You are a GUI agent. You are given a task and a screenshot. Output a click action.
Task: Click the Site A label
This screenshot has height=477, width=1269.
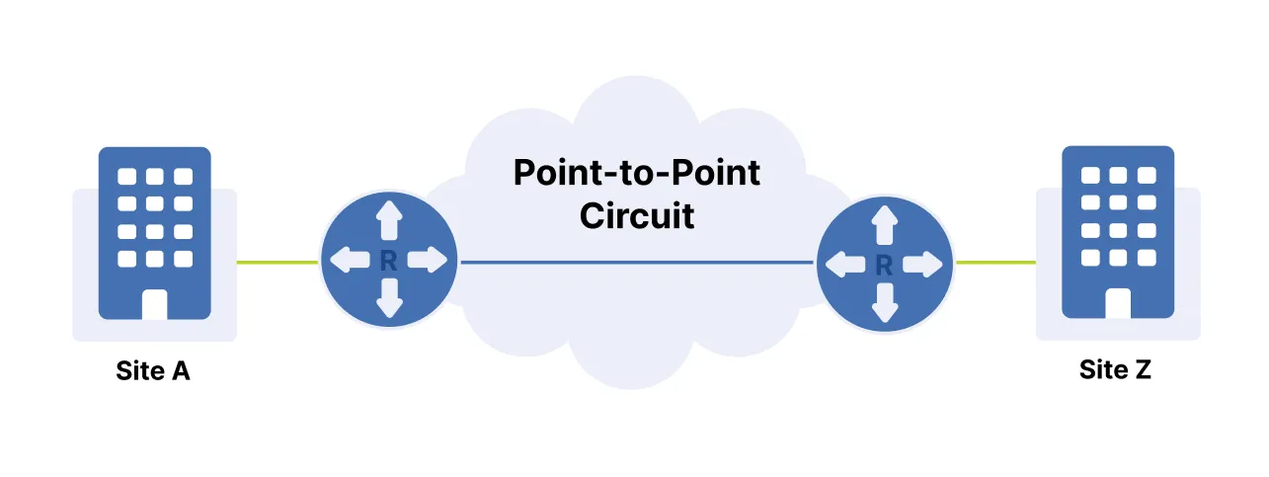(153, 371)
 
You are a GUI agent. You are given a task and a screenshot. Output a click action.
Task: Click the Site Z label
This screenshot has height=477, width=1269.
(1115, 370)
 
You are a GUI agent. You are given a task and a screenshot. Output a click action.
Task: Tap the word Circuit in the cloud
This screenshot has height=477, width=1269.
(637, 214)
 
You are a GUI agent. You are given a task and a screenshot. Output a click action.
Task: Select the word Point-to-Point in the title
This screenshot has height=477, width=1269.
(637, 173)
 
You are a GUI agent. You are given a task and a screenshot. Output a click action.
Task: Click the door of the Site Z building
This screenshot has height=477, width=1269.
(1117, 303)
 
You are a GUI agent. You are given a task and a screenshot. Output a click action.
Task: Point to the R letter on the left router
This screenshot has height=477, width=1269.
(388, 261)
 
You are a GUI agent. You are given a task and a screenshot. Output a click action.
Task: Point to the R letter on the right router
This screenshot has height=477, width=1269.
(885, 264)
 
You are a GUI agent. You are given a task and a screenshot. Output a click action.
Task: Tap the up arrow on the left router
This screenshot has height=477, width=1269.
(389, 219)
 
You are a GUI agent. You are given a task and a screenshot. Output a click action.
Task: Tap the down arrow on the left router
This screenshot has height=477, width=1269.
(389, 299)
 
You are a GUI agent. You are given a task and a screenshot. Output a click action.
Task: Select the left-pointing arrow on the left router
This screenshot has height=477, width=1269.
(348, 261)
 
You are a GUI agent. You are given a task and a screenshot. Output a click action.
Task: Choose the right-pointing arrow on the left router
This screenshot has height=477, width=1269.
(429, 261)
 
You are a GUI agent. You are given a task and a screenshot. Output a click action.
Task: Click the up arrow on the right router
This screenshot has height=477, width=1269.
(885, 224)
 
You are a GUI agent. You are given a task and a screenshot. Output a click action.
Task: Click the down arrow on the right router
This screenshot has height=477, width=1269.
(885, 303)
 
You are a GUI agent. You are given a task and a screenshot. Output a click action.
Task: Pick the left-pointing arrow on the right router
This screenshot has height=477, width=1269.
(844, 264)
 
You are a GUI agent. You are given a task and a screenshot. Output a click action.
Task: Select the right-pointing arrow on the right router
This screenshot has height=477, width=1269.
(924, 264)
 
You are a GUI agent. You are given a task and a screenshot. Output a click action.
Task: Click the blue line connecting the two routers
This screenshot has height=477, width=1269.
(637, 263)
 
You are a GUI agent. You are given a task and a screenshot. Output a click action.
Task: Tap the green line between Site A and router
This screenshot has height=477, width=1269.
(278, 263)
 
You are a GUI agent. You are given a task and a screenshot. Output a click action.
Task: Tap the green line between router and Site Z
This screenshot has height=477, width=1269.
(994, 263)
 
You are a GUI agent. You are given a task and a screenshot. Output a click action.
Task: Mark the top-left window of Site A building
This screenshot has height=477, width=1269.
(127, 177)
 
